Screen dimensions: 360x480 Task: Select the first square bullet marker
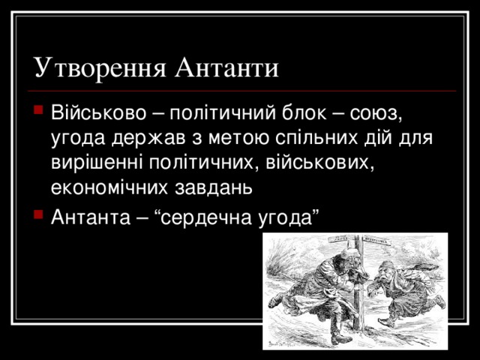click(x=40, y=115)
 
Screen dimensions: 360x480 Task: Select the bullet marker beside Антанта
click(x=40, y=216)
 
